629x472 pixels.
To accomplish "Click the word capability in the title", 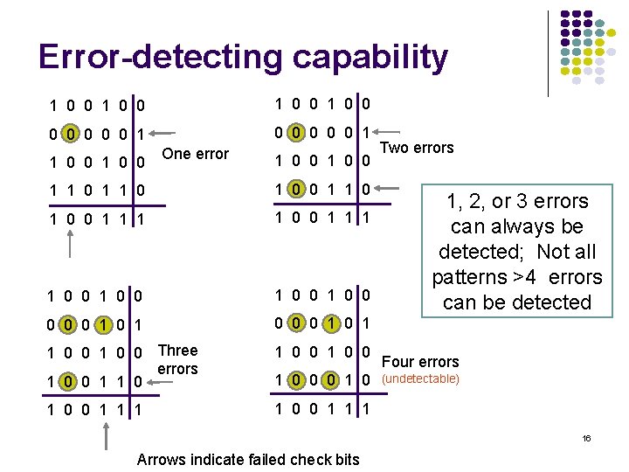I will pyautogui.click(x=370, y=58).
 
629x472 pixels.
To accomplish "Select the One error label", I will pyautogui.click(x=196, y=154).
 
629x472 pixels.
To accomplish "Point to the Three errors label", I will pyautogui.click(x=177, y=359).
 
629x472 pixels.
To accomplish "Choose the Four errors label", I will pyautogui.click(x=420, y=361).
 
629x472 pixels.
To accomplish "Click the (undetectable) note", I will pyautogui.click(x=421, y=379).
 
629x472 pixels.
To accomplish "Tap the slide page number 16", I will pyautogui.click(x=586, y=437).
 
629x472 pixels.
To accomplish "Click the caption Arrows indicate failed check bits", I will pyautogui.click(x=248, y=460).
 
